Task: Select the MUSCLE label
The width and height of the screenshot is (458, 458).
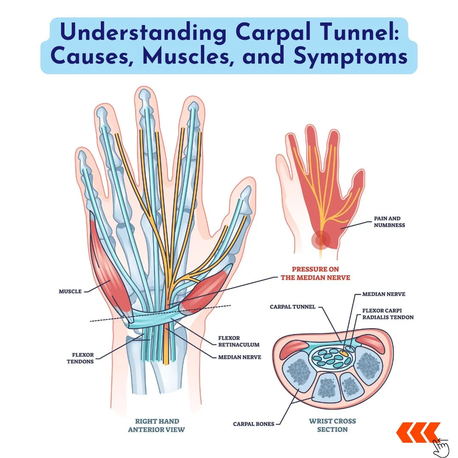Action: [x=70, y=292]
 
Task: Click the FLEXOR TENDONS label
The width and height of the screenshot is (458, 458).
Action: [x=80, y=358]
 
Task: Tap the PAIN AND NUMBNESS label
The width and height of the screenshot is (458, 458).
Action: [x=389, y=222]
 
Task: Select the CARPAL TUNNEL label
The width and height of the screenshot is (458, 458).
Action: [x=293, y=307]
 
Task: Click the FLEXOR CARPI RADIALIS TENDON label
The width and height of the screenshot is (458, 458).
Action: [x=388, y=314]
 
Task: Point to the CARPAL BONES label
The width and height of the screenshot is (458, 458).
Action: [x=254, y=423]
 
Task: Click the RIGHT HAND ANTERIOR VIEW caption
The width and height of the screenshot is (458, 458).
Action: [x=157, y=425]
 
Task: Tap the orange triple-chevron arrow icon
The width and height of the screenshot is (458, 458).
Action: [x=417, y=433]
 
